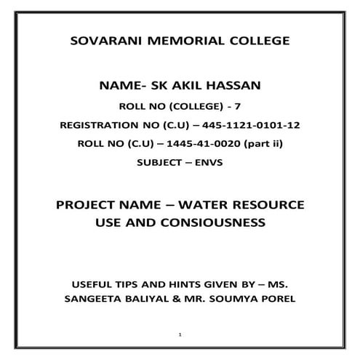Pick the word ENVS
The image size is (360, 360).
click(207, 163)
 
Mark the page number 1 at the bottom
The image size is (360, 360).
click(180, 335)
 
